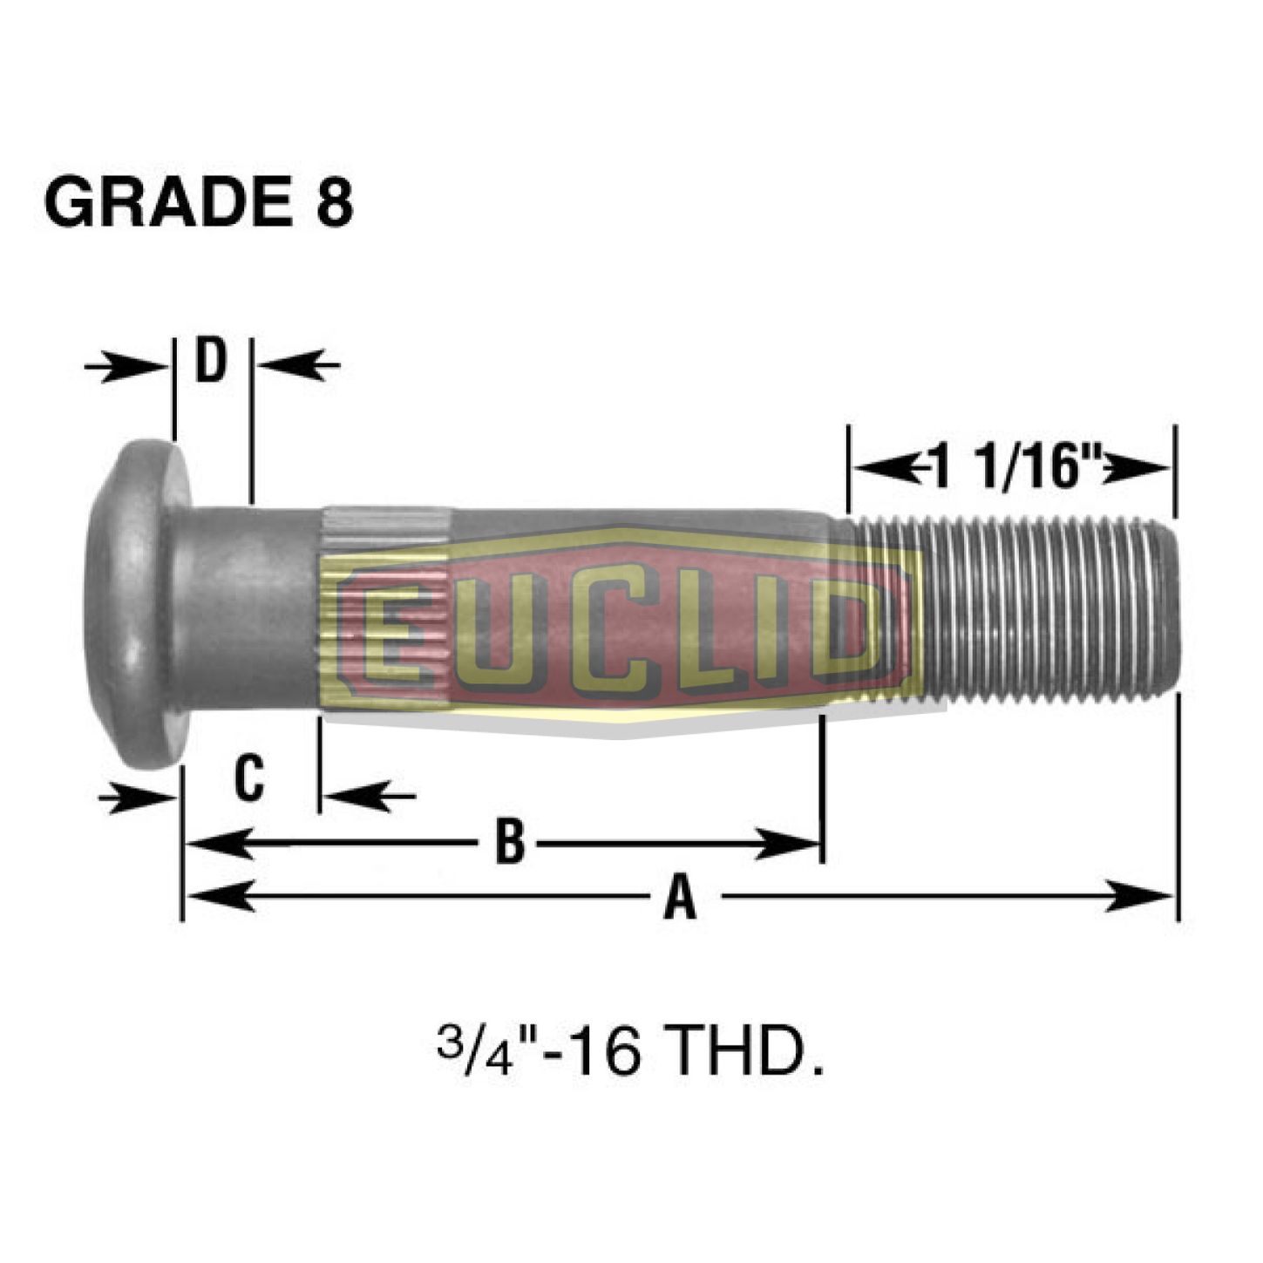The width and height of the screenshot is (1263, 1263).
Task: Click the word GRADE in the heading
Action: coord(166,201)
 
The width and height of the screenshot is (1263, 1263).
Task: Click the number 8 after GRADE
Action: coord(334,201)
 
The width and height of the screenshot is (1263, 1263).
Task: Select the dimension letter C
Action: coord(249,778)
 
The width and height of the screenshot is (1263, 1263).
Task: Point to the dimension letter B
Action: coord(510,843)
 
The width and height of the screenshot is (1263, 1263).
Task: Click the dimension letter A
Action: coord(680,897)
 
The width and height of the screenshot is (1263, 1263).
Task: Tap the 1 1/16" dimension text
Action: coord(1015,467)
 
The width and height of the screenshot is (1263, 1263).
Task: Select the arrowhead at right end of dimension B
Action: coord(789,843)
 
